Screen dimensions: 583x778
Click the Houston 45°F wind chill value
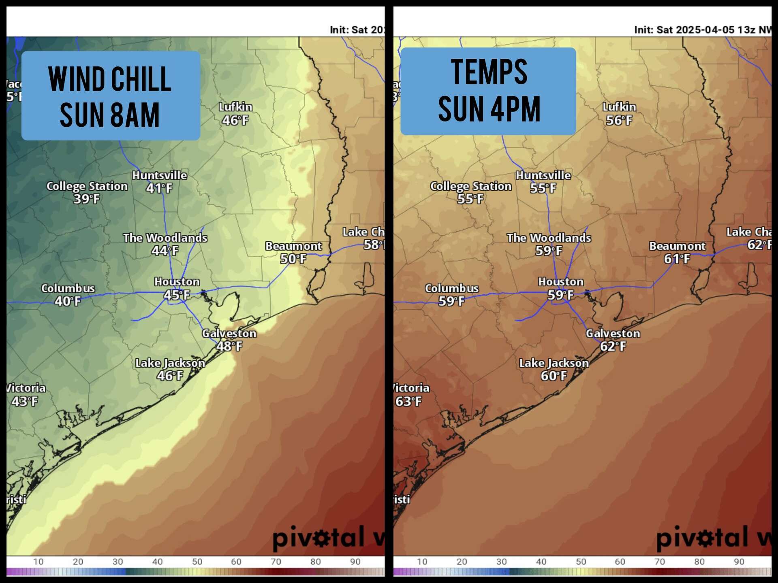tap(177, 295)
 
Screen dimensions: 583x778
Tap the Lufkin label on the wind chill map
tap(235, 107)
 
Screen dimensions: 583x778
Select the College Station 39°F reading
tap(87, 199)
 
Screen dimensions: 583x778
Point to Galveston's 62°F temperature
tap(613, 347)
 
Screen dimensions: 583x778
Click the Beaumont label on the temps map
tap(677, 246)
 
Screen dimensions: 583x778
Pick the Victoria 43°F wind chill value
tap(25, 401)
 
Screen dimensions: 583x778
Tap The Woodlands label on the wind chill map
tap(165, 238)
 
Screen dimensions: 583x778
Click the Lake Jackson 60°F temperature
tap(554, 376)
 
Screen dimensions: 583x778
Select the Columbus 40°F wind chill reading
tap(68, 301)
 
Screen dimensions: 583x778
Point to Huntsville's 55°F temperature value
tap(543, 188)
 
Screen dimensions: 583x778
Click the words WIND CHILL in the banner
tap(110, 79)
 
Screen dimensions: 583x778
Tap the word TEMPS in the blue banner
tap(489, 72)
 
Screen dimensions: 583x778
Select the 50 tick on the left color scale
tap(197, 562)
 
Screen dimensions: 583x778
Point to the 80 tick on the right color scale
tap(699, 562)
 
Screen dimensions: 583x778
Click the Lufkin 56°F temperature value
tap(619, 120)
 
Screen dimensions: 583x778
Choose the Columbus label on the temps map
tap(451, 289)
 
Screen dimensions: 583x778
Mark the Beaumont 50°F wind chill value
tap(293, 259)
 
